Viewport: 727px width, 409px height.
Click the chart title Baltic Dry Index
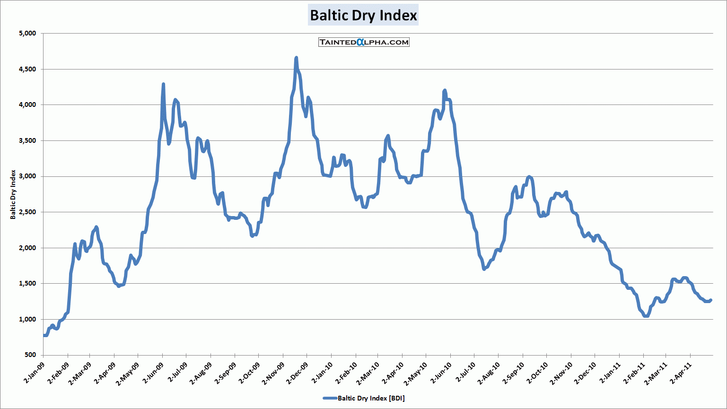363,16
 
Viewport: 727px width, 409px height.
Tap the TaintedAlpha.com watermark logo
364,42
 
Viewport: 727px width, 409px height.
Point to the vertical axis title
13,194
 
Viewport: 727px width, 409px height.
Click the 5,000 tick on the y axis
27,34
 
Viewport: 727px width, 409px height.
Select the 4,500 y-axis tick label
27,69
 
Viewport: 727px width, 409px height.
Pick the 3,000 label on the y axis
27,176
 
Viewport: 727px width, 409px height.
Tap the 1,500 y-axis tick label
27,284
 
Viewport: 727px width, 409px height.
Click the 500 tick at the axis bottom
30,355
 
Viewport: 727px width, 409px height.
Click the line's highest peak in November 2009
296,58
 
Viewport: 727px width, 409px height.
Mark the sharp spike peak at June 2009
163,84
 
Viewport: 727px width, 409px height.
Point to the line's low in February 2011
646,316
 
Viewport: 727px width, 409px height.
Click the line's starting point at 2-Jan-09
44,335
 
